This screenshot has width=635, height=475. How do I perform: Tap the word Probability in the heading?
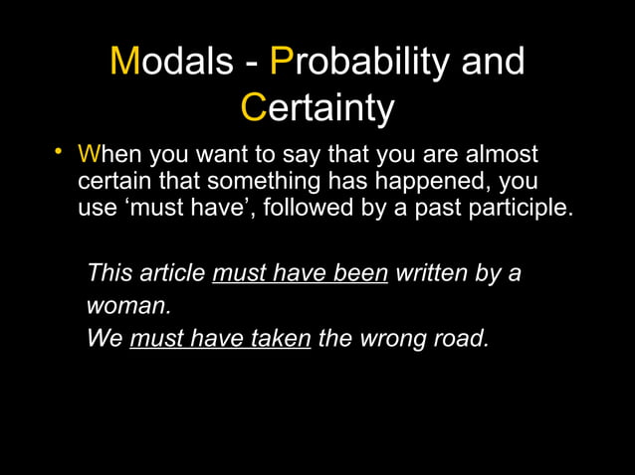[x=354, y=62]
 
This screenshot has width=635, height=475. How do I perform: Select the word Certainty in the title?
[x=317, y=108]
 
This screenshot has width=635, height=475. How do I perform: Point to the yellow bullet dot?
[x=60, y=152]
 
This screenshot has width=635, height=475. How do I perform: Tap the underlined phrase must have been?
[x=300, y=272]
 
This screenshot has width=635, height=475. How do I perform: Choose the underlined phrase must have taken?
[x=220, y=338]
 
